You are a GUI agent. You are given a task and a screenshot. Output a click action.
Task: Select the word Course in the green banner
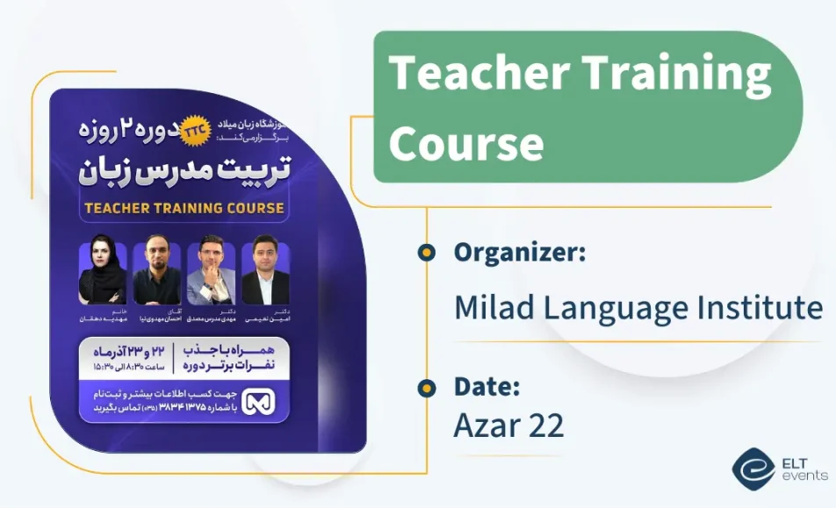[465, 142]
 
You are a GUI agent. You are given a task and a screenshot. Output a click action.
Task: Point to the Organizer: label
[520, 253]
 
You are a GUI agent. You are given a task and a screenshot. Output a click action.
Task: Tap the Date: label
[487, 386]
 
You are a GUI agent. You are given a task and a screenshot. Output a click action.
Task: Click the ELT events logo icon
[753, 469]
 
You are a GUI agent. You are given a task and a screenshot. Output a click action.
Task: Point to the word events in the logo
[804, 476]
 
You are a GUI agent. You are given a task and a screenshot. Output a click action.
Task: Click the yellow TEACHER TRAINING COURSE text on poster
[184, 208]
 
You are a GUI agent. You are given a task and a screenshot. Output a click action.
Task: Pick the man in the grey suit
[211, 273]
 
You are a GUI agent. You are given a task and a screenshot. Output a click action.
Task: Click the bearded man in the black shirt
[156, 273]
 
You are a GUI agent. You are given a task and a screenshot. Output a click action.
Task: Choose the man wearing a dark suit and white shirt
[265, 273]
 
